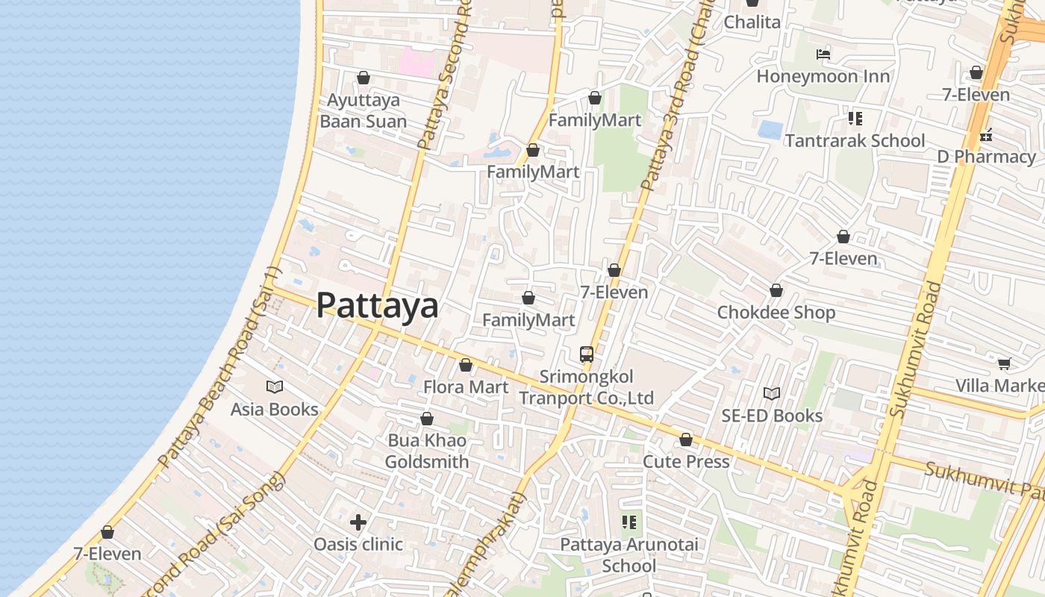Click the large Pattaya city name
pyautogui.click(x=377, y=305)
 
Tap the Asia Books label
pyautogui.click(x=274, y=409)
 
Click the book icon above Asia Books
pyautogui.click(x=275, y=387)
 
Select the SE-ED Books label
pyautogui.click(x=772, y=416)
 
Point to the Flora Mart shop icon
pyautogui.click(x=466, y=365)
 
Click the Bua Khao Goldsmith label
pyautogui.click(x=427, y=451)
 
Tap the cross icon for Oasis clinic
pyautogui.click(x=358, y=522)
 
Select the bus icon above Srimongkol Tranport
pyautogui.click(x=587, y=354)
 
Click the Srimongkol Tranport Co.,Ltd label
pyautogui.click(x=587, y=387)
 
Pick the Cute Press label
pyautogui.click(x=686, y=462)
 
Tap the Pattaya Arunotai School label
pyautogui.click(x=629, y=554)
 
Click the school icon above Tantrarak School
pyautogui.click(x=855, y=119)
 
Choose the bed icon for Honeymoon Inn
pyautogui.click(x=823, y=54)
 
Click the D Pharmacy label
pyautogui.click(x=986, y=157)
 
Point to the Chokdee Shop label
pyautogui.click(x=776, y=312)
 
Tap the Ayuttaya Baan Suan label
pyautogui.click(x=364, y=110)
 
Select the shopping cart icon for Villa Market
pyautogui.click(x=1004, y=363)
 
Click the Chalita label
pyautogui.click(x=752, y=22)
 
